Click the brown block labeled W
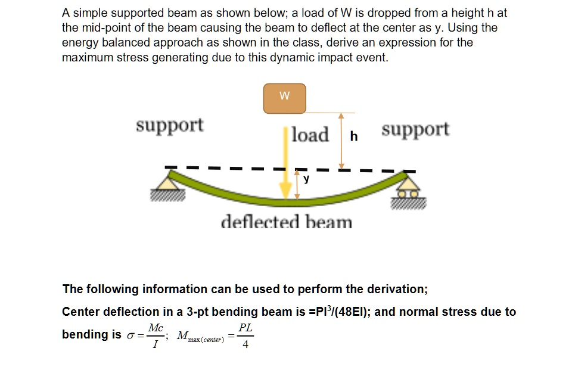pyautogui.click(x=284, y=98)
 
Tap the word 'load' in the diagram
pyautogui.click(x=310, y=135)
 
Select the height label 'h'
pyautogui.click(x=354, y=136)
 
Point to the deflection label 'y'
pyautogui.click(x=306, y=178)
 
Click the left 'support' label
pyautogui.click(x=169, y=126)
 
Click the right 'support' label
pyautogui.click(x=415, y=129)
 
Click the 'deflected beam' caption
pyautogui.click(x=287, y=222)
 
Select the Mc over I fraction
pyautogui.click(x=156, y=335)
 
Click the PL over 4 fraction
pyautogui.click(x=245, y=335)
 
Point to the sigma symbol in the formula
pyautogui.click(x=131, y=335)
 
